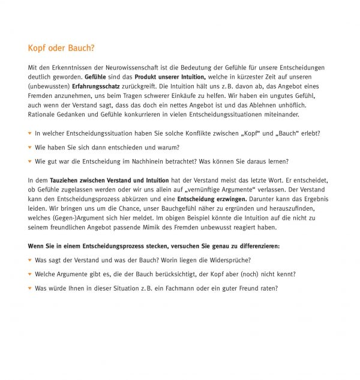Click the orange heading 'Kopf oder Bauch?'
coord(61,47)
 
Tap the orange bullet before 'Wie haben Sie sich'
coord(30,147)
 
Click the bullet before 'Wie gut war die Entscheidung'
coord(30,161)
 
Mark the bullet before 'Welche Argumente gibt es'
coord(30,274)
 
